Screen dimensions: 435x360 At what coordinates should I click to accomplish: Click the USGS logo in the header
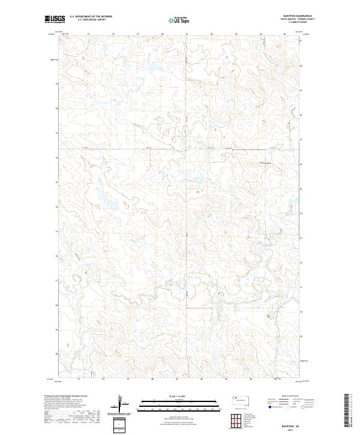coord(55,20)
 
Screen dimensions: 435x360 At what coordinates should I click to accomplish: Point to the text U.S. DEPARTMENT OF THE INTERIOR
coord(91,17)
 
